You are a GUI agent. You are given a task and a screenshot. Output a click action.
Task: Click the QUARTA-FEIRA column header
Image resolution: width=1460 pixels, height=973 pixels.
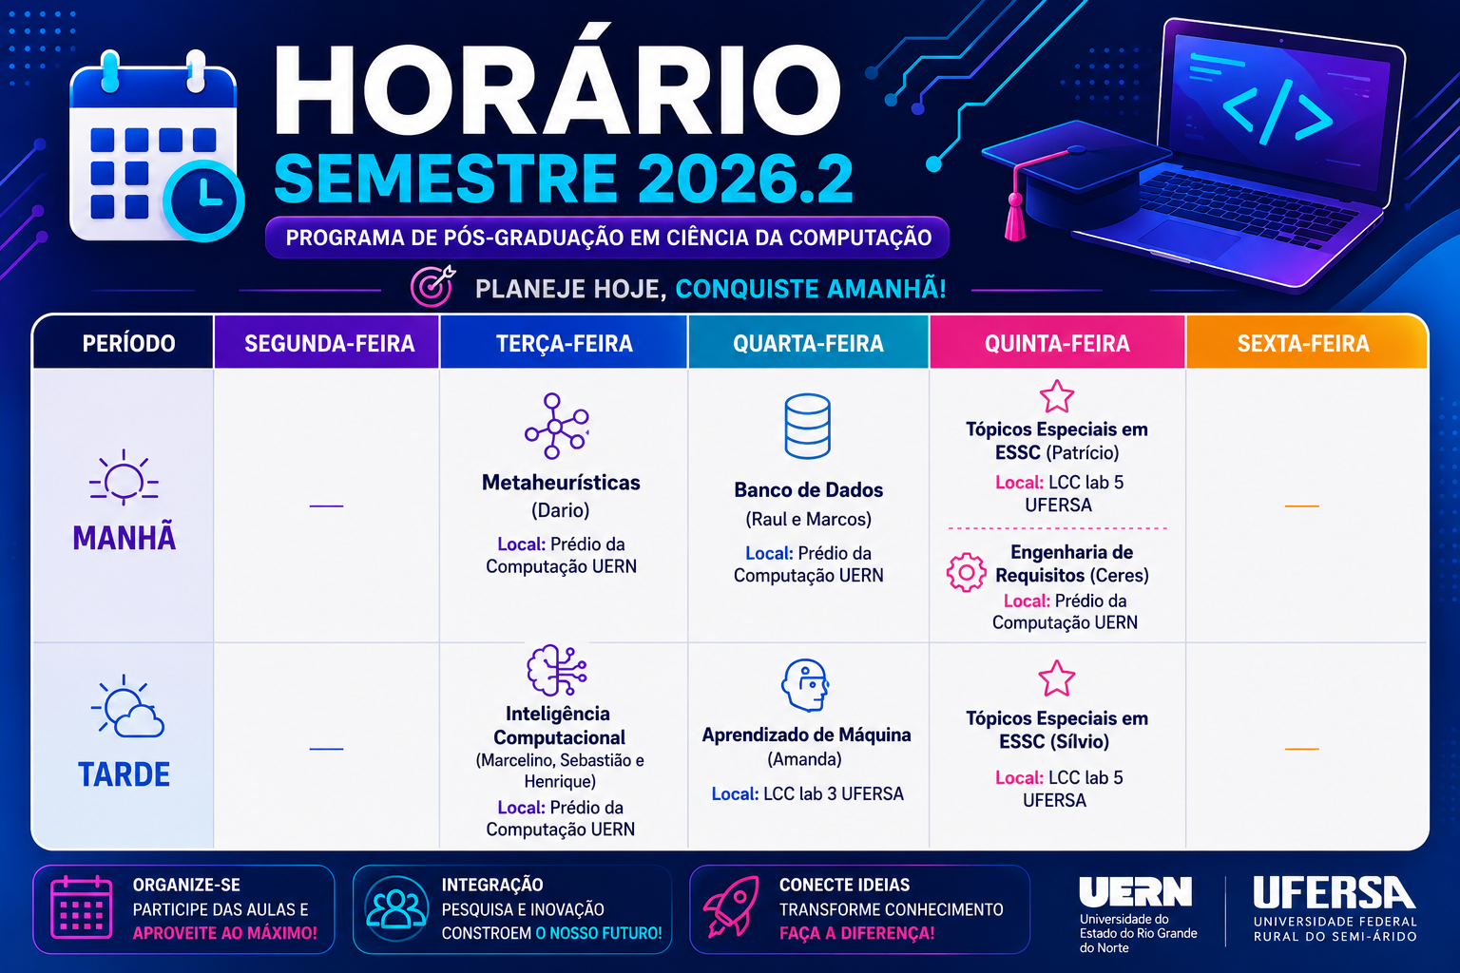(808, 343)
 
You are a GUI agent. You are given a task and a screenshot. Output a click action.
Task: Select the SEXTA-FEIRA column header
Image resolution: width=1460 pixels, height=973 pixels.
(1303, 343)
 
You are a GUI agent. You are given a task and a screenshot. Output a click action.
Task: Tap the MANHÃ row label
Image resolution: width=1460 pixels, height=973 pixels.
(124, 539)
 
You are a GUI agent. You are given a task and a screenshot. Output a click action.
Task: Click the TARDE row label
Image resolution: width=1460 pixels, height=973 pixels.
(124, 774)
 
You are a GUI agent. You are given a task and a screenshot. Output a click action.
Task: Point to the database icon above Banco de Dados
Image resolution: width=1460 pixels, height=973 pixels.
(808, 427)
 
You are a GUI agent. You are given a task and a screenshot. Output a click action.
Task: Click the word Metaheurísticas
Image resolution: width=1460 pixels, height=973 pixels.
(561, 483)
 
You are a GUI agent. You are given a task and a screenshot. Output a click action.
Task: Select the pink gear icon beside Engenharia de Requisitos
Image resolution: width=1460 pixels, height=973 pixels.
(966, 572)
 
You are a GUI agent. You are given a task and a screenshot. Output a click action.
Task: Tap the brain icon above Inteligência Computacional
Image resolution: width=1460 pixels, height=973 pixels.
(557, 670)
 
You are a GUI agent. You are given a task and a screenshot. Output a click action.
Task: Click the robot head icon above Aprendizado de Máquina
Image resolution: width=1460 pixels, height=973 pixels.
(806, 685)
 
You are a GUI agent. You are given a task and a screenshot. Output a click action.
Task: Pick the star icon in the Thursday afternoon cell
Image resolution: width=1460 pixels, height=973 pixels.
(1057, 678)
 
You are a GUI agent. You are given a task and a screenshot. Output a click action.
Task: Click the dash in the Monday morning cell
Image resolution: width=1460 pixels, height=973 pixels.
(326, 506)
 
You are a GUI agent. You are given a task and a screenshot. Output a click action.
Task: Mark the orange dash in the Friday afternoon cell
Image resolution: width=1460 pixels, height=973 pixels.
(1301, 749)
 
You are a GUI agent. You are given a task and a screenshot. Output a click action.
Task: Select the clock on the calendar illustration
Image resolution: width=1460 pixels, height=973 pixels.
(204, 200)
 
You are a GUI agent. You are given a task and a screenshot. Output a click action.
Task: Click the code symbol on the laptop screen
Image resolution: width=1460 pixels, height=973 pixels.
(1277, 111)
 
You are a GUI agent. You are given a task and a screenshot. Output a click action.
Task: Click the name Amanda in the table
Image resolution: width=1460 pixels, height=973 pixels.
(804, 759)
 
